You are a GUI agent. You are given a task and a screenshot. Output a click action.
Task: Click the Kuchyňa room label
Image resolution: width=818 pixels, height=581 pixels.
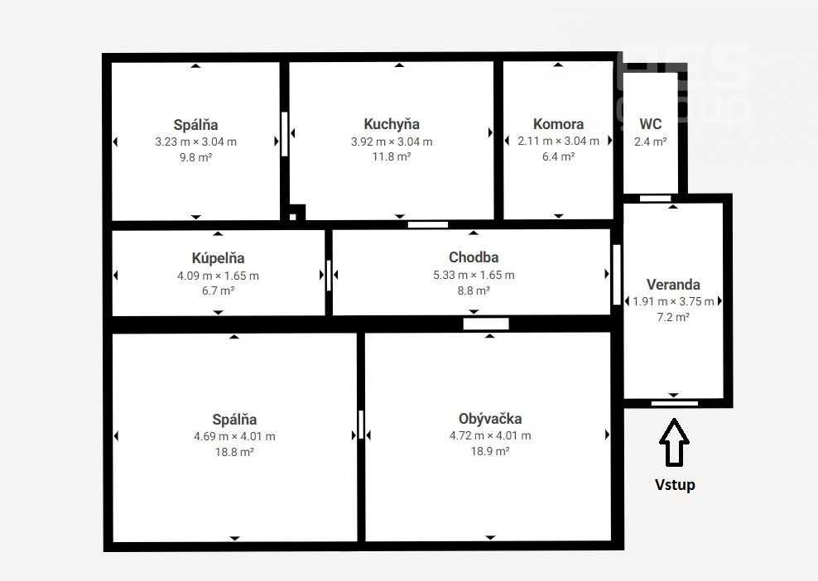pos(392,124)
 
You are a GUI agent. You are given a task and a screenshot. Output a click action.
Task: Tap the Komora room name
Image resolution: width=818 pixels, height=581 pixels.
pos(558,124)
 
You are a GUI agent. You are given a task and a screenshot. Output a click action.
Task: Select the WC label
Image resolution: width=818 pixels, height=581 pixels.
pos(651,124)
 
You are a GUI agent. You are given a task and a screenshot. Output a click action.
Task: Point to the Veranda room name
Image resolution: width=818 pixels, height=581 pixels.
pos(673,285)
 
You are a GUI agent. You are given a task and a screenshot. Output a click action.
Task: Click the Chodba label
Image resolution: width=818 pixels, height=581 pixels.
pos(474,257)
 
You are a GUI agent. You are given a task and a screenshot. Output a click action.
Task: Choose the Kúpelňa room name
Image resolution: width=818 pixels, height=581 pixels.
pos(218,257)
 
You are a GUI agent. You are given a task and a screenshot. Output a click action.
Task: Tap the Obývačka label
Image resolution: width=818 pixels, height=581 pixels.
pos(490,418)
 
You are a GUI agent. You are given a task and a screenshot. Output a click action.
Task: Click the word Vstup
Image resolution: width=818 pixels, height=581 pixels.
pos(675,484)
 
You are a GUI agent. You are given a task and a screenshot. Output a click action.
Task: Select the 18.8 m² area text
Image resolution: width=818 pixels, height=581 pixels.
pos(234,452)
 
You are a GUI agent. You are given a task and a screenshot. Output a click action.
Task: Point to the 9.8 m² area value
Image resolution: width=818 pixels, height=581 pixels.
pos(195,157)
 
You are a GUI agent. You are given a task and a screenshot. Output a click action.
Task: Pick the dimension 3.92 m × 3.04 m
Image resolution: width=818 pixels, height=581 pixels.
pos(392,142)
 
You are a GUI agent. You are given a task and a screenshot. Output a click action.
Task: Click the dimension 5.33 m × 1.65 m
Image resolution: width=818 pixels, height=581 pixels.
pos(474,275)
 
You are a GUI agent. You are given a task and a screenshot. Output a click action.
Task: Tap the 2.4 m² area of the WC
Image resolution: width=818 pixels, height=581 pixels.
pos(651,142)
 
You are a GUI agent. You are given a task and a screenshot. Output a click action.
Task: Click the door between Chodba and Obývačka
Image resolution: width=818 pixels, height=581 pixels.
pos(486,324)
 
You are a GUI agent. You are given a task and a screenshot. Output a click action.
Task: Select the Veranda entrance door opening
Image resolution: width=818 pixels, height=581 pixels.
pos(675,403)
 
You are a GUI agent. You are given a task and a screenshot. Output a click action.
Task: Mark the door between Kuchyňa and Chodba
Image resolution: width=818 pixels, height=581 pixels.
pos(428,225)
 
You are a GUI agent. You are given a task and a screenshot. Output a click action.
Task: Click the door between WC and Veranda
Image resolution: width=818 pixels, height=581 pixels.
pos(655,198)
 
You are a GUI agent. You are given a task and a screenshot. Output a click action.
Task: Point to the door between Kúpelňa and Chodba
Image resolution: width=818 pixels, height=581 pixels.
pos(329,275)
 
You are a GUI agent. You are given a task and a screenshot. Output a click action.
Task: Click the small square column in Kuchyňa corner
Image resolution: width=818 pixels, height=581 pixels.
pos(293,217)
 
